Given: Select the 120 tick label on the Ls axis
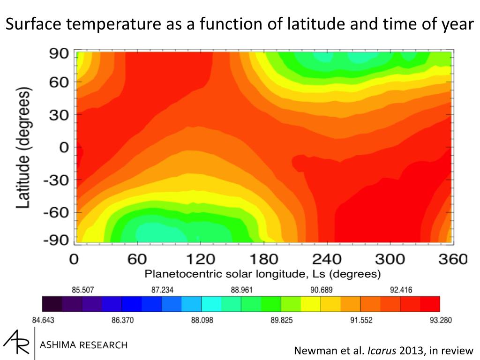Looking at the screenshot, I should pyautogui.click(x=200, y=259).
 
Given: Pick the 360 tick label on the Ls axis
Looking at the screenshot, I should pyautogui.click(x=452, y=259).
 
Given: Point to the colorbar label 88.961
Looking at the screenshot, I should pyautogui.click(x=242, y=290).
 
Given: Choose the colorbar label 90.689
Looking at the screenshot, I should pyautogui.click(x=322, y=290).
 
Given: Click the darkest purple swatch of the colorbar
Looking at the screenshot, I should pyautogui.click(x=52, y=304).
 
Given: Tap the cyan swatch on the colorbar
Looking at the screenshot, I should pyautogui.click(x=211, y=304).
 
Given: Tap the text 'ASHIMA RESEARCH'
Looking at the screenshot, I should pyautogui.click(x=84, y=345).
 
